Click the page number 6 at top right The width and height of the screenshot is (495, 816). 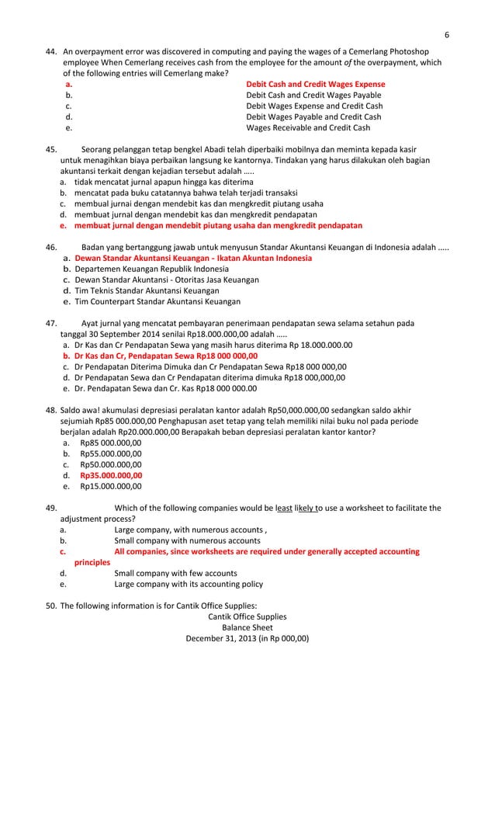448,34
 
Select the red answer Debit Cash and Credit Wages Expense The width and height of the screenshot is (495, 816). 315,84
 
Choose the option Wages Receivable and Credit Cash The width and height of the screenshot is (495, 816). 308,128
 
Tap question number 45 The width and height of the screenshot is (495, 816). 49,149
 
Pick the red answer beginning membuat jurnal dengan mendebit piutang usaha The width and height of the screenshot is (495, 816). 218,225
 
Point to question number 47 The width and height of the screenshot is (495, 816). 49,323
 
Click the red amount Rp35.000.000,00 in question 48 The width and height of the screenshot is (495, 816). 111,475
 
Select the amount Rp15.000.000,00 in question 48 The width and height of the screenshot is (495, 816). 111,487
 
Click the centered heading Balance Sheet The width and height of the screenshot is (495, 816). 247,627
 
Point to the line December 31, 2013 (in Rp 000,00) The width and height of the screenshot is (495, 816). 247,639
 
